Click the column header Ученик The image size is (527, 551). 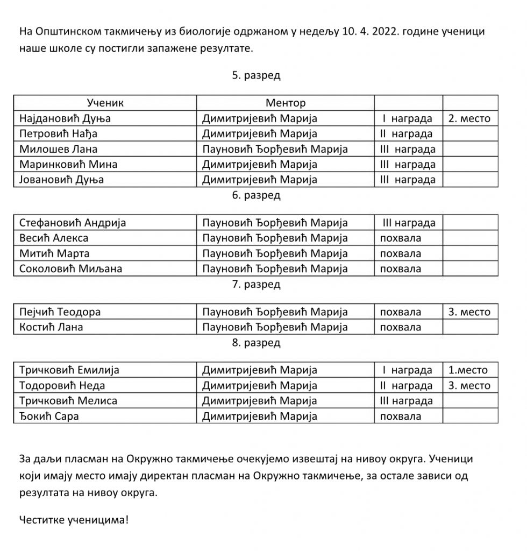click(105, 103)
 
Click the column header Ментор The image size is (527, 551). click(285, 103)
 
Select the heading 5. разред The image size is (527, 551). click(256, 75)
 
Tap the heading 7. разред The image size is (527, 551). click(256, 284)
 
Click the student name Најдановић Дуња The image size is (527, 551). click(65, 118)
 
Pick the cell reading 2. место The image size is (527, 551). click(469, 118)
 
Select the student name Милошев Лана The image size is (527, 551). click(58, 149)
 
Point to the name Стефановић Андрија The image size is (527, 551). click(73, 223)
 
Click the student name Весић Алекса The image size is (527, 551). click(54, 238)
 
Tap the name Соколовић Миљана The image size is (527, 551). click(70, 269)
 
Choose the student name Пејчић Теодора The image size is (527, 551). click(60, 312)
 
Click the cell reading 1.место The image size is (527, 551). click(468, 370)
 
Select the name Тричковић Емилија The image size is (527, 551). click(69, 370)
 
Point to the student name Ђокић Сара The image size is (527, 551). click(49, 416)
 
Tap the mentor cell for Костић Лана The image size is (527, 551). click(275, 327)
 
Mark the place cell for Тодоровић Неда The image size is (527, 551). click(469, 386)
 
